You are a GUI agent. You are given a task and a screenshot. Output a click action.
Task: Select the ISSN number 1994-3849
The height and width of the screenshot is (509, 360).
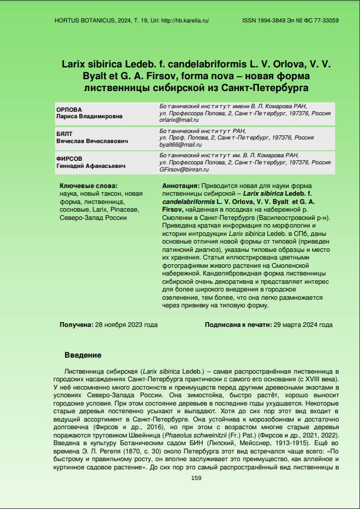coord(273,20)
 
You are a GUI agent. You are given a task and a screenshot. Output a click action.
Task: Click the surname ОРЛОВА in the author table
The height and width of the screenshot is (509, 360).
coord(69,110)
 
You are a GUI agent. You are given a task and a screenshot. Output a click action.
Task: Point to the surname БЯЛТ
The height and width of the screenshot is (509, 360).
coord(64,135)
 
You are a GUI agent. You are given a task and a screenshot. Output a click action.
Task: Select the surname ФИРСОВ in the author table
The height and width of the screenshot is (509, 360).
coord(69,159)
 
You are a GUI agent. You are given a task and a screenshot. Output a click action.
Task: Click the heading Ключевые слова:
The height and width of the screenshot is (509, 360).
coord(88,186)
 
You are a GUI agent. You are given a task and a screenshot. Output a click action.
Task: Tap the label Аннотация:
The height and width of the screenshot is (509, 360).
coord(180,186)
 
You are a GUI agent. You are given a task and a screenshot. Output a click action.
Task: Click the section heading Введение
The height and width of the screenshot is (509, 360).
coord(83,355)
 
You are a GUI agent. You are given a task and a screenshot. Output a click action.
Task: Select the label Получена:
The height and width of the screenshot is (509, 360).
coord(76,325)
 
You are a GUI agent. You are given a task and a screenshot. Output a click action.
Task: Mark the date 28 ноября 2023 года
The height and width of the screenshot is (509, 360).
coord(126,325)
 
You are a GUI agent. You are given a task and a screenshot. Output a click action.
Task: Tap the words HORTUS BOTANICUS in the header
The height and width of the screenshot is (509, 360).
coord(78,20)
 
